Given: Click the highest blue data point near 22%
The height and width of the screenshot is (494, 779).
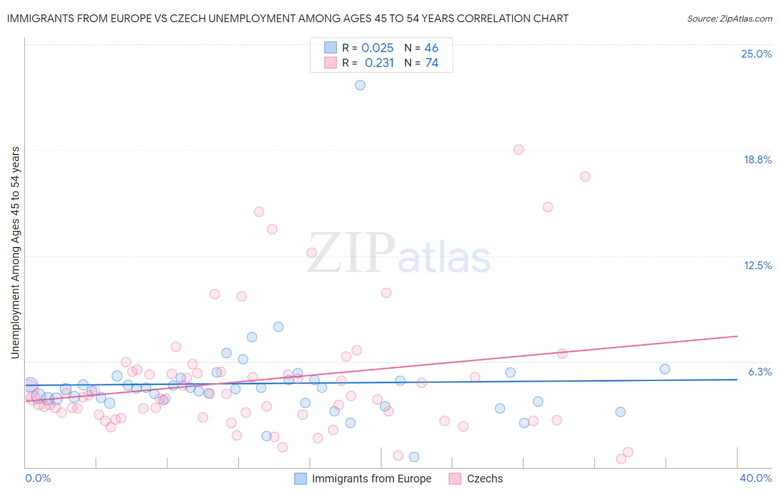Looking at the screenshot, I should pos(360,85).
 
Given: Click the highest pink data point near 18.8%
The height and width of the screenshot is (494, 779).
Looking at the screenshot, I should pos(519,150).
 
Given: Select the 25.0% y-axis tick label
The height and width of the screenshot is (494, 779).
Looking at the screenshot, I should pos(756,54).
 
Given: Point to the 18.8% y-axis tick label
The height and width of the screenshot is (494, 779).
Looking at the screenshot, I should pos(757,159).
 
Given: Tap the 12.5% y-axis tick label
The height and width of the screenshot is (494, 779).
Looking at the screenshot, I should pos(757,265).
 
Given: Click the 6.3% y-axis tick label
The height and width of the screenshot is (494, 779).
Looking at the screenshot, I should pos(760,372).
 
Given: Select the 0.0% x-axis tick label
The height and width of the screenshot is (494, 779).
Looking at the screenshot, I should pos(38,478).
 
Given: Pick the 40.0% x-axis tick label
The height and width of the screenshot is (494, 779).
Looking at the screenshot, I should pos(755,478).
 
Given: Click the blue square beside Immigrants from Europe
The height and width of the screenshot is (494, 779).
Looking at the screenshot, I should pos(300,478).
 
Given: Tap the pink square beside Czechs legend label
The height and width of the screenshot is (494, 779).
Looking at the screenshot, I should pos(455,478).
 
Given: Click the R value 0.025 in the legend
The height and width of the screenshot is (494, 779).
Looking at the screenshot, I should pos(377,48).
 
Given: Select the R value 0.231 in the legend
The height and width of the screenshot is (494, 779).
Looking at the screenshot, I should pos(379,63).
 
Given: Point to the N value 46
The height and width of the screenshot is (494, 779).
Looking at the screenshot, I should pos(431,48).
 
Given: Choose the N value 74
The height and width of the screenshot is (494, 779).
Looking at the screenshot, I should pos(432,63).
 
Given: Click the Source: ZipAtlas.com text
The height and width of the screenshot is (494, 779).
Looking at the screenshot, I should pos(729,19).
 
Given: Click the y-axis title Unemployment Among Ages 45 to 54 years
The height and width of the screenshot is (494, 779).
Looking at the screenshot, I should pos(16,253).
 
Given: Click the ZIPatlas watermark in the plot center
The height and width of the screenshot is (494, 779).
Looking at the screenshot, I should pos(399,254).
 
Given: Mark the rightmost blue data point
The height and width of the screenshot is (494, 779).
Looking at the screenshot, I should pos(665,369).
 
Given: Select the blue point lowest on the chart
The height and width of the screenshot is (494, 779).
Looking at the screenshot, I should pos(414,457).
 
